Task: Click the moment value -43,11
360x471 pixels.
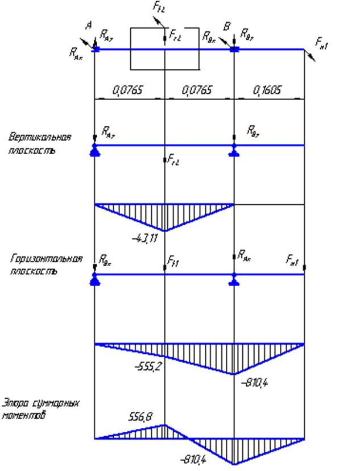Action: click(x=144, y=237)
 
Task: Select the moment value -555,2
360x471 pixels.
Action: click(x=148, y=367)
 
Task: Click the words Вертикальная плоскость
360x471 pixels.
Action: click(x=39, y=144)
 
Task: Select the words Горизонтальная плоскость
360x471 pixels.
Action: click(x=45, y=265)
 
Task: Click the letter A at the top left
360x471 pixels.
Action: click(x=88, y=25)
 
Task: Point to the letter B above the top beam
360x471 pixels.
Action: click(x=227, y=26)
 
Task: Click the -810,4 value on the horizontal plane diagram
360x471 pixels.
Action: click(x=254, y=383)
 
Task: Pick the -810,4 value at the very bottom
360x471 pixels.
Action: click(x=192, y=458)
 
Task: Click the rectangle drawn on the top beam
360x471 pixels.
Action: click(x=165, y=48)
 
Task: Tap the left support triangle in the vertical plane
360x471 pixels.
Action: click(x=94, y=151)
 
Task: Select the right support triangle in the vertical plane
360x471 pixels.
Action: click(x=234, y=151)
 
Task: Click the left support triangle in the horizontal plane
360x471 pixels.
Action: click(x=94, y=280)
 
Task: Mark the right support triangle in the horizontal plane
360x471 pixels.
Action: click(x=234, y=280)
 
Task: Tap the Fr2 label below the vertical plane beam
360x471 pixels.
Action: click(x=174, y=162)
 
